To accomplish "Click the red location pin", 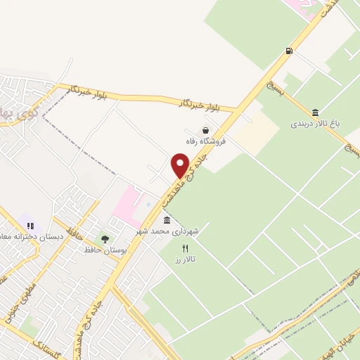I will point(180,166).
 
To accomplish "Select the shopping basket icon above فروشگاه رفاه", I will point(205,130).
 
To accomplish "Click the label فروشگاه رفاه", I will point(205,141).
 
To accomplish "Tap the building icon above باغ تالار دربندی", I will point(315,112).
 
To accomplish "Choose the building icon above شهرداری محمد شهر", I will point(166,221).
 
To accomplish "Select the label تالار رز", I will point(185,259).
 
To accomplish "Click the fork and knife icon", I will point(186,248).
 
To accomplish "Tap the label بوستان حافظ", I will point(103,250).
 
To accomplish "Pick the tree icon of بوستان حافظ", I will point(105,239).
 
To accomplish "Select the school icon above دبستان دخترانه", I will point(30,226).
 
